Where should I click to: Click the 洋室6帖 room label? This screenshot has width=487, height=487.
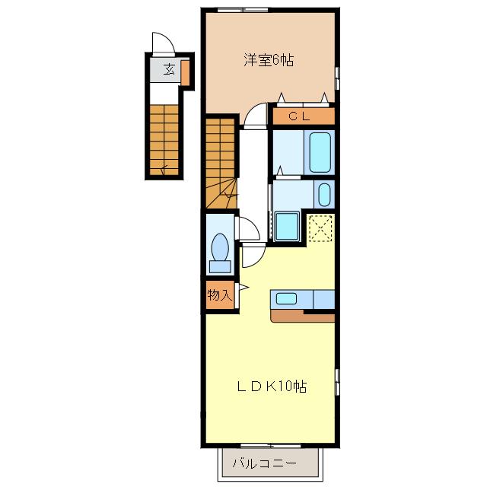(269, 60)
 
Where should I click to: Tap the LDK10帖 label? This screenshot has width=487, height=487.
(272, 387)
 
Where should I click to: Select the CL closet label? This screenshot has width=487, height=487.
(299, 116)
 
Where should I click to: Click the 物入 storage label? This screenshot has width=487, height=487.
(220, 294)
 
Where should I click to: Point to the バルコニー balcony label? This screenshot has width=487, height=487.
(264, 463)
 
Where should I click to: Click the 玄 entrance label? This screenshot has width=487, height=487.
(169, 69)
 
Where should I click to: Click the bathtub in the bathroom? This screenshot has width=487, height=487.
(320, 152)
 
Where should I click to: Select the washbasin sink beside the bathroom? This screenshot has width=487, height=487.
(324, 195)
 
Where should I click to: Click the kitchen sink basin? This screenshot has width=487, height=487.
(286, 299)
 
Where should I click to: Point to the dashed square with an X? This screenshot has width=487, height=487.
(321, 228)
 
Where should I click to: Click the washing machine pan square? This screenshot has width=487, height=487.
(288, 227)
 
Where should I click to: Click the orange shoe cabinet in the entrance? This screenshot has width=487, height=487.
(185, 73)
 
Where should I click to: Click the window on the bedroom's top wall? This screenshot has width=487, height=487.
(243, 10)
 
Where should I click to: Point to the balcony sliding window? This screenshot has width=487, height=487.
(271, 446)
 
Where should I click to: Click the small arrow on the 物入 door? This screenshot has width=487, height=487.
(244, 288)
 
